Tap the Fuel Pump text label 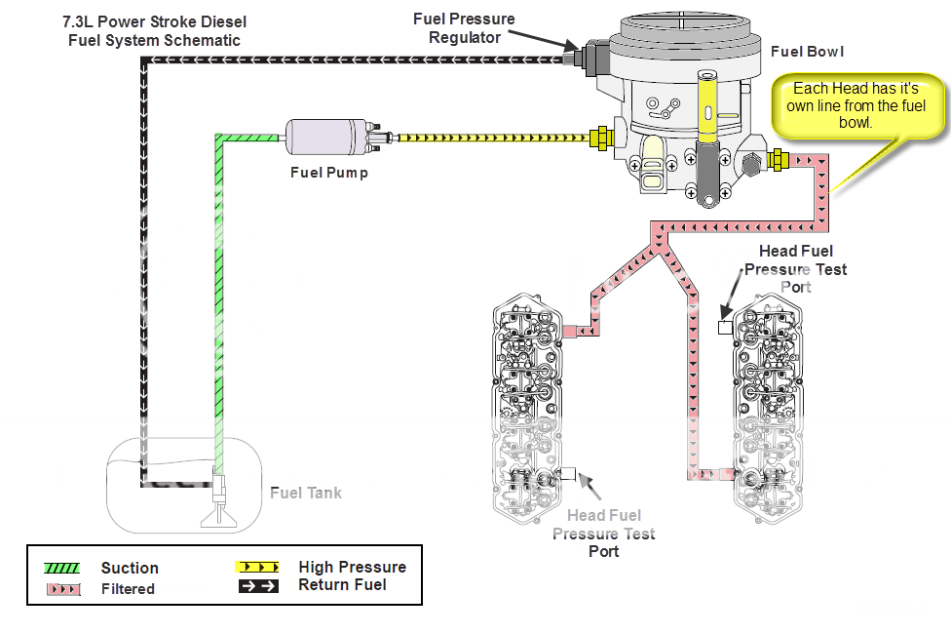(x=329, y=173)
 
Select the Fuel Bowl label (x=807, y=52)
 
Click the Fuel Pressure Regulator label (x=465, y=28)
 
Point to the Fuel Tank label (x=306, y=493)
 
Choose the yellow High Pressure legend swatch (x=257, y=567)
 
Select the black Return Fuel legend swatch (x=257, y=586)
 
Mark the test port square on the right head (x=724, y=328)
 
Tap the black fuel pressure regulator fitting (x=583, y=59)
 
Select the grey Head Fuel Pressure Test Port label (x=604, y=533)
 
